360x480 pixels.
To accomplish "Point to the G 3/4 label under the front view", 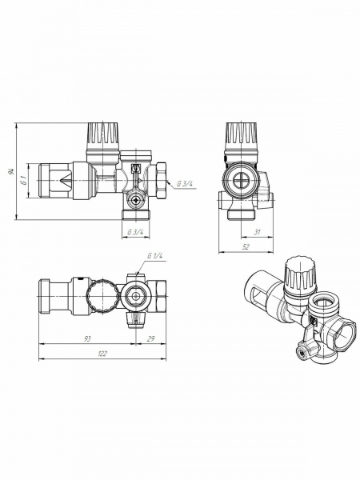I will coord(135,232).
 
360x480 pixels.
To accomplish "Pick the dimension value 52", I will coord(246,247).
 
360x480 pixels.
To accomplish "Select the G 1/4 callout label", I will coord(155,255).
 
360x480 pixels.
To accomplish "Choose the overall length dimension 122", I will coord(102,353).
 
